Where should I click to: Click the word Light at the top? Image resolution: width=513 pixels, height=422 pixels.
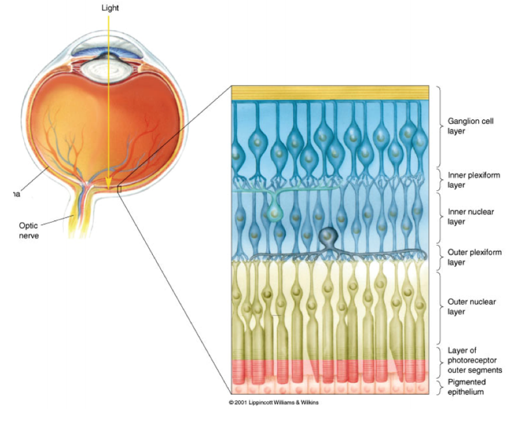tap(110, 8)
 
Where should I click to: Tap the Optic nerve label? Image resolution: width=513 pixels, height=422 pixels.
tap(29, 230)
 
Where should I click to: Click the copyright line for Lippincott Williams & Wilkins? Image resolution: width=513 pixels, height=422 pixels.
tap(273, 402)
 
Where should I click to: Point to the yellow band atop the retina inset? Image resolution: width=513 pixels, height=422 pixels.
tap(330, 93)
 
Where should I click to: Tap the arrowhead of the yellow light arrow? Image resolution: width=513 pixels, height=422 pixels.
tap(110, 185)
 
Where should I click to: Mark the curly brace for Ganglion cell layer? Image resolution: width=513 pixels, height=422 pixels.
tap(440, 126)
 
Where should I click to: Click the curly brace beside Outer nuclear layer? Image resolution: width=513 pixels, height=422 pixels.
tap(440, 306)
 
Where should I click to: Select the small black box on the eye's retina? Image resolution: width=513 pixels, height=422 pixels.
tap(120, 189)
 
